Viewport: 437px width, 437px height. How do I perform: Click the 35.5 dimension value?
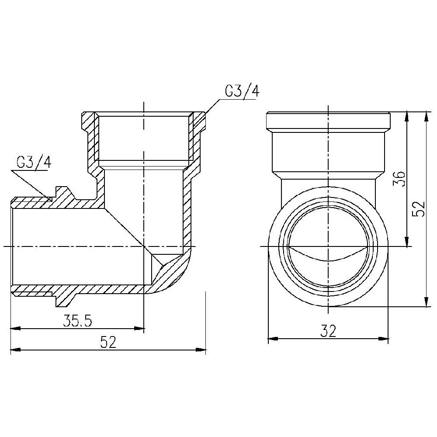click(x=77, y=321)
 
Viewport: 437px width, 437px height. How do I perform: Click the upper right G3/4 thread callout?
click(x=242, y=91)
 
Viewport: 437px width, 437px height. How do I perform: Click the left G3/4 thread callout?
click(x=34, y=163)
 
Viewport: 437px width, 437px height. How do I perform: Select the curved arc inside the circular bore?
click(x=328, y=257)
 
